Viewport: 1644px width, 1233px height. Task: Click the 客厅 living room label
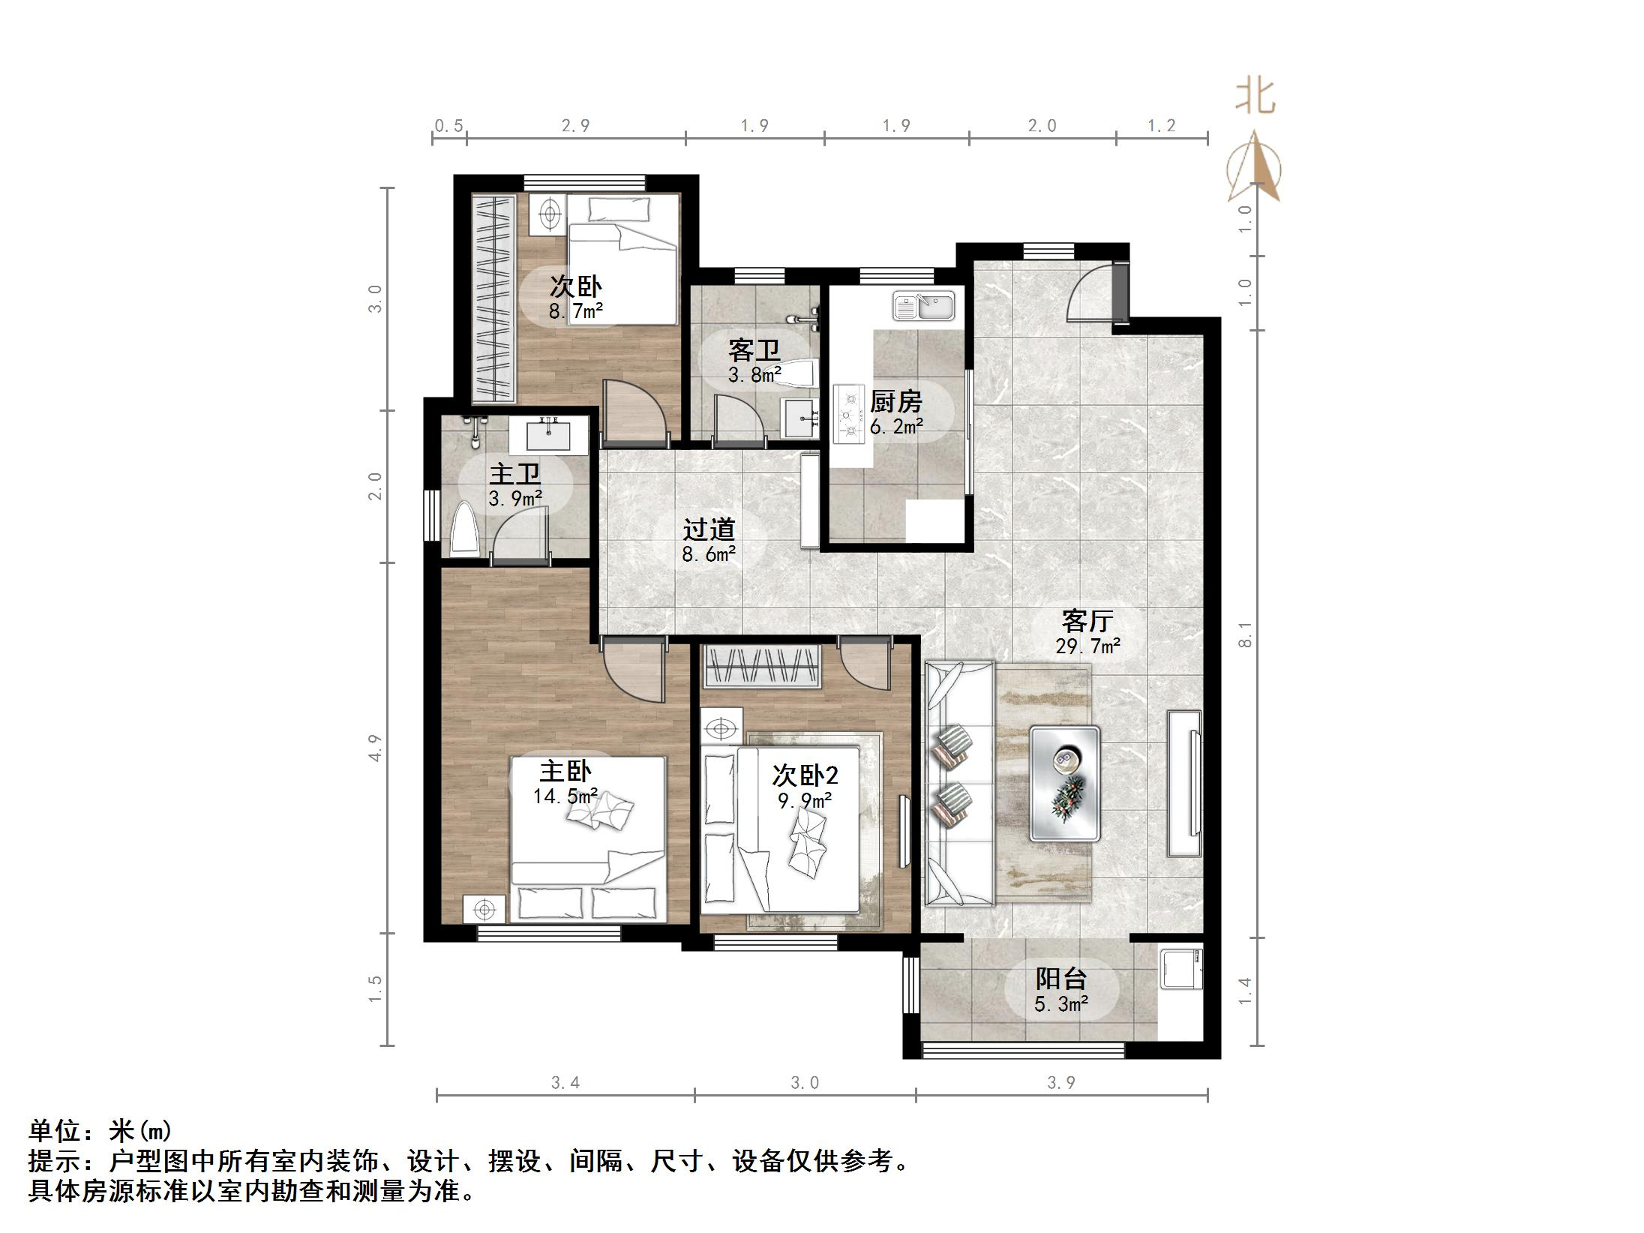coord(1087,621)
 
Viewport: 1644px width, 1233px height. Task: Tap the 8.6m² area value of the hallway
coord(708,554)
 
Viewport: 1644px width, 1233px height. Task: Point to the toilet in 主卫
coord(465,530)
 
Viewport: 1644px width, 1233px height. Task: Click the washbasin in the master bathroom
coord(549,435)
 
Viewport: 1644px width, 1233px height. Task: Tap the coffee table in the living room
coord(1064,782)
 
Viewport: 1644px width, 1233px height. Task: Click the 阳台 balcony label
coord(1060,979)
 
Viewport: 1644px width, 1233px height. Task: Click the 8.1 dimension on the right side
coord(1245,634)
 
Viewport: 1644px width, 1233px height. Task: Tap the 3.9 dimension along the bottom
coord(1061,1082)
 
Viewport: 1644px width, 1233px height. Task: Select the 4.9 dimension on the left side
coord(376,748)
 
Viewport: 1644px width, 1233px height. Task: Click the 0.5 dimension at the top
coord(448,126)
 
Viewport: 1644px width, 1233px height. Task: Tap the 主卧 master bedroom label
coord(565,771)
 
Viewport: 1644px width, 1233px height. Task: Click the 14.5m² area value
coord(565,796)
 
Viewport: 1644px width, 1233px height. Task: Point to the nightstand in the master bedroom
coord(484,910)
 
